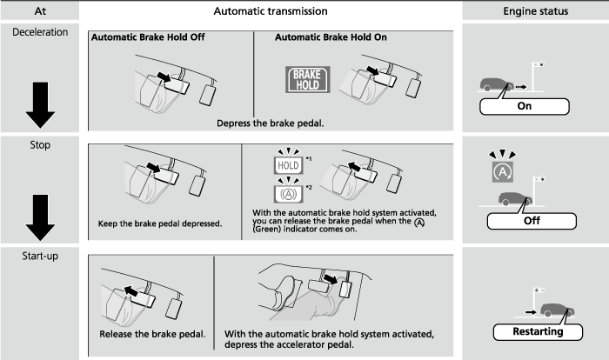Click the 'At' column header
[x=38, y=10]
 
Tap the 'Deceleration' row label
[x=38, y=30]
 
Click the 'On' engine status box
[x=524, y=107]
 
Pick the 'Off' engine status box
[x=525, y=220]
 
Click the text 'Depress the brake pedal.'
[x=270, y=123]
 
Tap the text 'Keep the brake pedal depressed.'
[x=159, y=223]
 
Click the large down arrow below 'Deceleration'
[x=39, y=99]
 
